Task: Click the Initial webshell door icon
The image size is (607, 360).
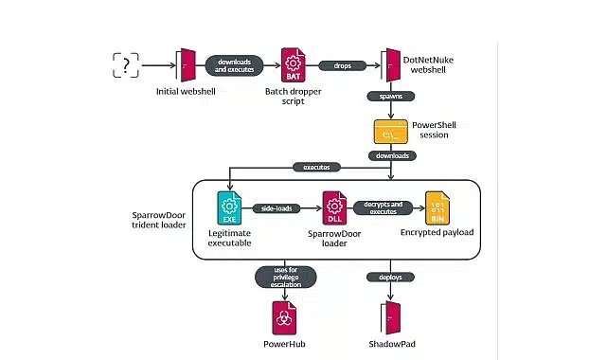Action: (x=187, y=64)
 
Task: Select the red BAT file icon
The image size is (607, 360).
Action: (x=292, y=65)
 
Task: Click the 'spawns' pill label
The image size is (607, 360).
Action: (x=388, y=97)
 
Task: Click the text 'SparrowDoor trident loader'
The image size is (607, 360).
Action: (x=158, y=221)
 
